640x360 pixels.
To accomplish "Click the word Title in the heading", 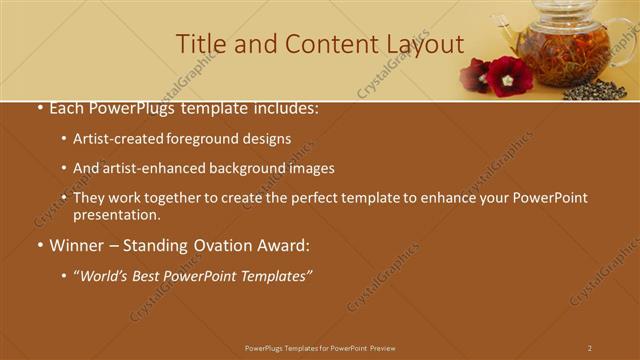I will [x=199, y=44].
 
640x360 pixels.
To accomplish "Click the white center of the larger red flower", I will [x=508, y=79].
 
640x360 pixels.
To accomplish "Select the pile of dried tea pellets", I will [x=595, y=90].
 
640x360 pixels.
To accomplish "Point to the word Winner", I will [x=78, y=245].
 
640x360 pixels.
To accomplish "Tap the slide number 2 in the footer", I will [x=589, y=348].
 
